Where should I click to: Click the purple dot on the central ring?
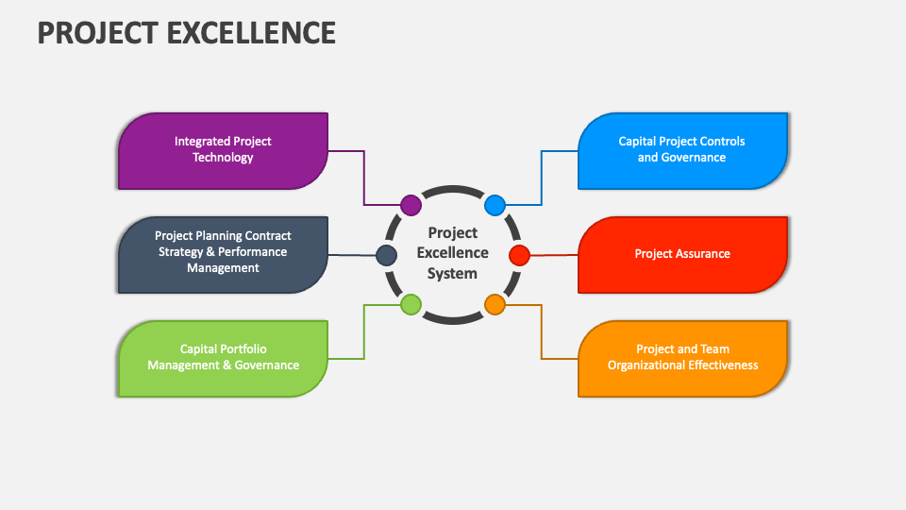(x=411, y=205)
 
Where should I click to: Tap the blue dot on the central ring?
(x=495, y=205)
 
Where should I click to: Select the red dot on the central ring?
(x=520, y=255)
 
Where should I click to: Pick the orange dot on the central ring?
(x=495, y=304)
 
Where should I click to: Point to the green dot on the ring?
(x=411, y=304)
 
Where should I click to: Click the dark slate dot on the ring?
(x=386, y=255)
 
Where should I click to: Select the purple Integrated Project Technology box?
(x=223, y=150)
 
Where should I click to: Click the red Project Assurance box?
(x=682, y=254)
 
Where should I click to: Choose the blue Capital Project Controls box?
(x=682, y=150)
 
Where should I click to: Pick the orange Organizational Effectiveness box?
(x=682, y=358)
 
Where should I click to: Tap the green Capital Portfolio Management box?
(x=223, y=358)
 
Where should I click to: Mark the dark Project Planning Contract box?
(x=223, y=254)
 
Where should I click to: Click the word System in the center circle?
(x=453, y=274)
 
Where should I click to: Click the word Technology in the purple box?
(x=223, y=158)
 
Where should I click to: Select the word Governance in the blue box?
(x=694, y=158)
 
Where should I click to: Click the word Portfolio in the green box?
(x=242, y=349)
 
